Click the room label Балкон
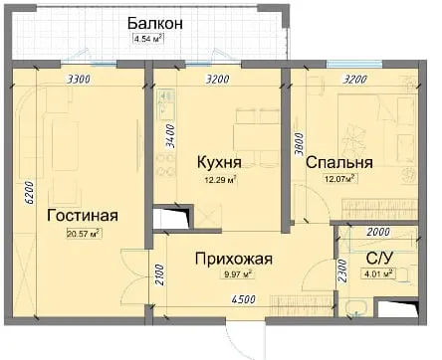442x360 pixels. tap(155, 24)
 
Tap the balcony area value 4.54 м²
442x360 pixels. tap(148, 39)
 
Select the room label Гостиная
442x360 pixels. tap(83, 216)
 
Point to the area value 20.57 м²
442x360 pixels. tap(84, 234)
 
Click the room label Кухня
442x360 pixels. tap(219, 162)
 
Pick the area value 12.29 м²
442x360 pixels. tap(220, 180)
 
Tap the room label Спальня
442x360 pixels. tap(339, 163)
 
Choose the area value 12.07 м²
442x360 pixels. tap(341, 179)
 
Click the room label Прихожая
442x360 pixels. tap(234, 259)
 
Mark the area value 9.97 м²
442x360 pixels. tap(236, 274)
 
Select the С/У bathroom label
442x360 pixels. tap(379, 258)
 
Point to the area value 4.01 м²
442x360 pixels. tap(378, 273)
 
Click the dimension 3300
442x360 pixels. tap(79, 80)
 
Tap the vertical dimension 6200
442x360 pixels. tap(29, 192)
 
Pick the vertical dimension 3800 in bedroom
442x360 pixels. tap(300, 144)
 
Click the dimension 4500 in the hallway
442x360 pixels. tap(244, 299)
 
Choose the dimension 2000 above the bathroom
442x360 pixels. tap(378, 232)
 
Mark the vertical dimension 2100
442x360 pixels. tap(159, 274)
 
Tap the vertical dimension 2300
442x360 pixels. tap(342, 270)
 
